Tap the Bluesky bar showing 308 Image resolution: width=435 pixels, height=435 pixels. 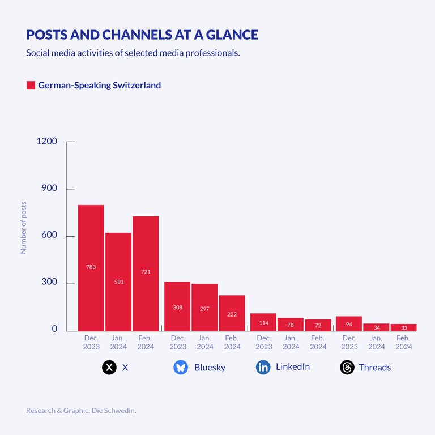[x=177, y=306]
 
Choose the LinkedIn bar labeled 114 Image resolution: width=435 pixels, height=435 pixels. [x=263, y=322]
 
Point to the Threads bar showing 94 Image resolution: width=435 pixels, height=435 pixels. [x=349, y=323]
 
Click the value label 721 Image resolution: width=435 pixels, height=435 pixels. [x=146, y=272]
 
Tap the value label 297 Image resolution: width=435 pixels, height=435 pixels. [x=204, y=309]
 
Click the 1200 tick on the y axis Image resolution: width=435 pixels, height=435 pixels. [x=46, y=141]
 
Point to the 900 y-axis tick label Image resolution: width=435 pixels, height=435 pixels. [x=49, y=189]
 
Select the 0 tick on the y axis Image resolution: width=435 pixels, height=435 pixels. [x=54, y=329]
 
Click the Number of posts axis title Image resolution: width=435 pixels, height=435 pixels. [x=24, y=228]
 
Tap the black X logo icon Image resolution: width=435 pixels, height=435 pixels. [x=109, y=368]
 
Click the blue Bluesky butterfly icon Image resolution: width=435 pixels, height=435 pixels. [x=181, y=368]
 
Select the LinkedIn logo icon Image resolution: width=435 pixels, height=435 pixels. [x=263, y=368]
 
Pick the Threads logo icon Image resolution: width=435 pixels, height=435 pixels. [x=347, y=368]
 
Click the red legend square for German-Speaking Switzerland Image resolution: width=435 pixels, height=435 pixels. [x=31, y=86]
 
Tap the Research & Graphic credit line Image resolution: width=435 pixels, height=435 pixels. [x=81, y=410]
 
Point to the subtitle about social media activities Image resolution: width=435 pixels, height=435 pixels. [x=133, y=53]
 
